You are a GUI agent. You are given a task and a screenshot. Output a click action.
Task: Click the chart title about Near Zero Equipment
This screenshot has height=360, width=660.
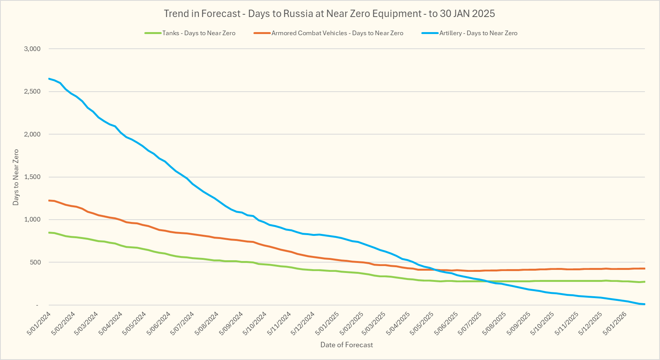click(x=329, y=14)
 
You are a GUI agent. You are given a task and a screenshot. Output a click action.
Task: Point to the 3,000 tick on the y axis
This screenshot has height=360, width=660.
click(x=32, y=49)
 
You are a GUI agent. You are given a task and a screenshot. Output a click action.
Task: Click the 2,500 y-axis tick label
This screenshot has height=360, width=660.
click(x=32, y=92)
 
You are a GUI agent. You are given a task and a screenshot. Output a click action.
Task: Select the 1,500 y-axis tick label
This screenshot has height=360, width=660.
click(x=32, y=177)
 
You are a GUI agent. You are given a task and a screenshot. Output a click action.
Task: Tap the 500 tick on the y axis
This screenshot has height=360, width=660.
click(x=35, y=263)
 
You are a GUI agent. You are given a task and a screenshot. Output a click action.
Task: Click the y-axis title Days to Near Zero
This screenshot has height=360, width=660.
click(x=16, y=177)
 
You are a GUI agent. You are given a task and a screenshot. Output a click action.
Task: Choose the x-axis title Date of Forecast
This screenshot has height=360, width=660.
click(x=347, y=345)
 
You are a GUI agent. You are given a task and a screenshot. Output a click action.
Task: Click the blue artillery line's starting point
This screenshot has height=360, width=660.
click(x=49, y=79)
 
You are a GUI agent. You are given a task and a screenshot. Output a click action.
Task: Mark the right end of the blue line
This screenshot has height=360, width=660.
click(x=644, y=304)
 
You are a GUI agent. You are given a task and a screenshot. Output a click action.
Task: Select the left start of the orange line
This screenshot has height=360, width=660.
click(x=49, y=200)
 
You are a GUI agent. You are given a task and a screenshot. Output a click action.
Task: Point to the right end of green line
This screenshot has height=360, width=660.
click(x=644, y=282)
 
